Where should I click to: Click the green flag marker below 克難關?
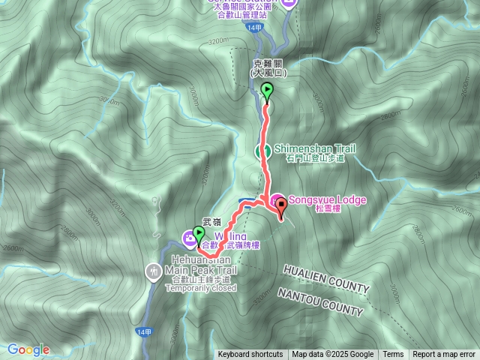pos(267,91)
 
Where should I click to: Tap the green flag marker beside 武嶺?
pos(199,234)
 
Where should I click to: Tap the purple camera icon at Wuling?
pos(188,239)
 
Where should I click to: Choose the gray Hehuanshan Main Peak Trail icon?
pos(154,268)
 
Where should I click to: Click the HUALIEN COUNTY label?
pos(326,278)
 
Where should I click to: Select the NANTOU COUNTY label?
pos(320,300)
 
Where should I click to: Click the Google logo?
pos(28,349)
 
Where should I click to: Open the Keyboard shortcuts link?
pos(250,355)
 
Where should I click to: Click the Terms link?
pos(393,355)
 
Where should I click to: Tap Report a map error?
pos(445,355)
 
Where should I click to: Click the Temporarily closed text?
pos(201,288)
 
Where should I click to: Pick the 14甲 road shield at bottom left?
pos(144,331)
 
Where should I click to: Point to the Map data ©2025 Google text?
pos(333,355)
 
